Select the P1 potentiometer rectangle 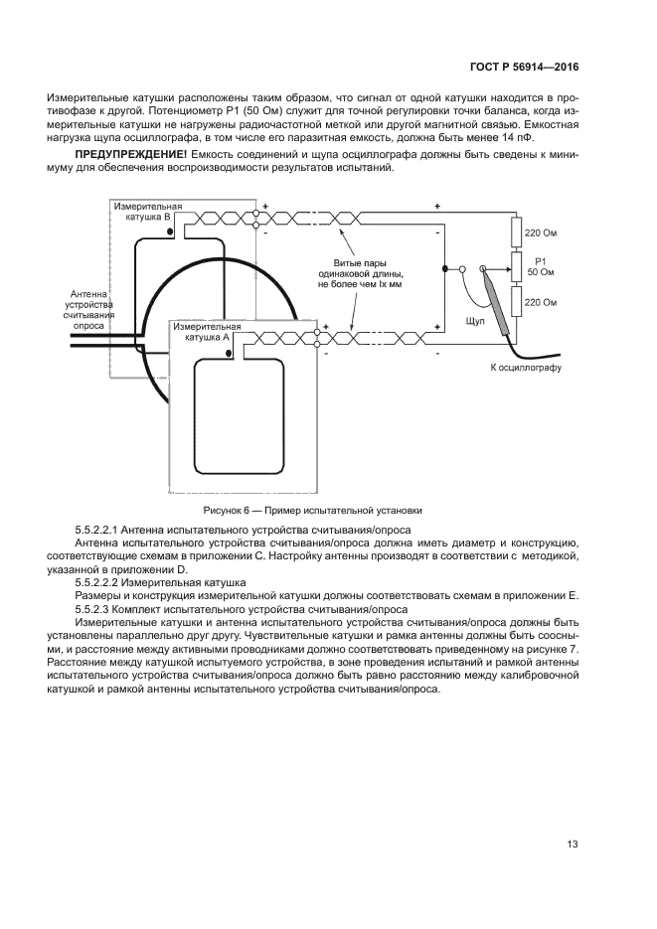click(517, 267)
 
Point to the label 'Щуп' click(475, 321)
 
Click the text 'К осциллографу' click(526, 368)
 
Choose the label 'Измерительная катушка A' click(207, 331)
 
